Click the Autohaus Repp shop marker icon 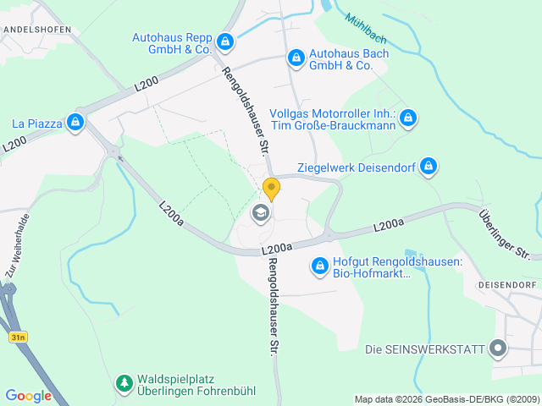224,41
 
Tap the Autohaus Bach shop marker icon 296,58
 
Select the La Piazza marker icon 75,123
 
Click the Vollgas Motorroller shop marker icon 408,118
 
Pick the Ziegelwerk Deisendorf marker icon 429,166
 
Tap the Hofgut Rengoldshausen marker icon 319,266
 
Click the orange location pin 271,188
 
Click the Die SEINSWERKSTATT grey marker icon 497,348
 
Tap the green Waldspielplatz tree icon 124,384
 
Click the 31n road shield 18,337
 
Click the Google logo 28,395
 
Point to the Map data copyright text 446,399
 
